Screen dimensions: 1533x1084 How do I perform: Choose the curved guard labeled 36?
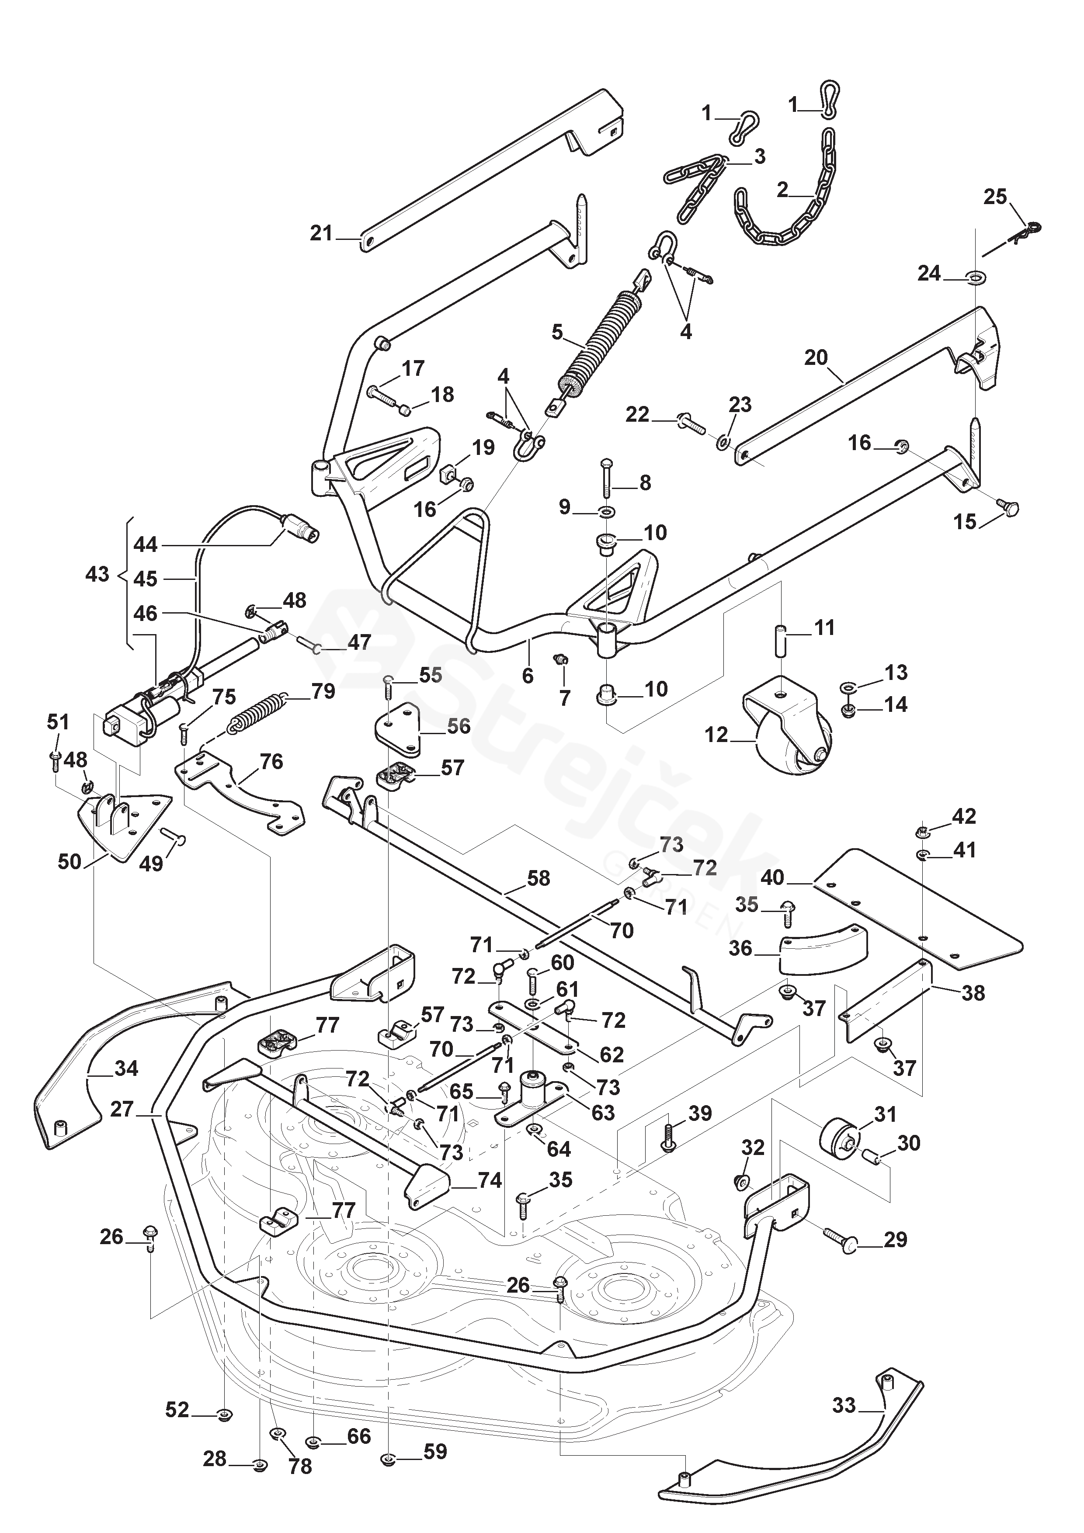[x=824, y=945]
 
